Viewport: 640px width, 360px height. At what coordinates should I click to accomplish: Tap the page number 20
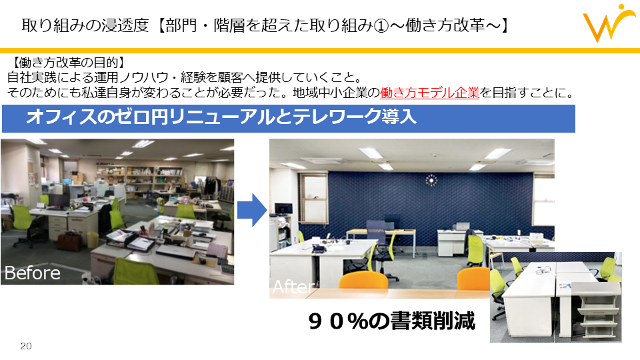[26, 346]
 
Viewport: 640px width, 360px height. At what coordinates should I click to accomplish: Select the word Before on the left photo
[32, 273]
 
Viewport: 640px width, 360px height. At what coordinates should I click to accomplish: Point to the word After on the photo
[293, 287]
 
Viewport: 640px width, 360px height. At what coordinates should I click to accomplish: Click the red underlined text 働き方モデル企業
[430, 93]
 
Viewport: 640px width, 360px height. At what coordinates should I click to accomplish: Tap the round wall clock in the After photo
[431, 179]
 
